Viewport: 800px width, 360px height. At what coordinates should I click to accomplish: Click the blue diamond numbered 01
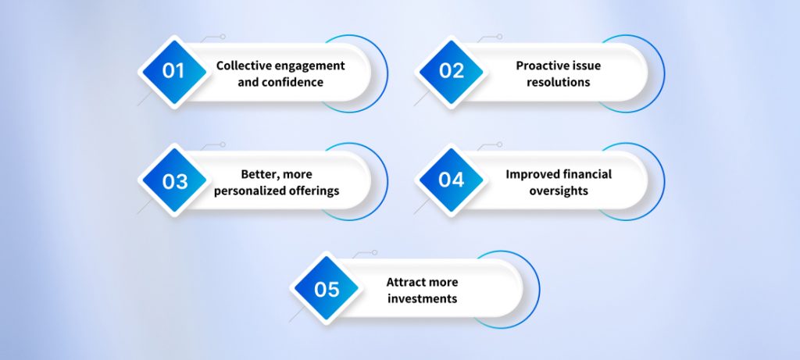(x=173, y=71)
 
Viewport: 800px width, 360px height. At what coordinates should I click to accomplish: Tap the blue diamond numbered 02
(x=452, y=71)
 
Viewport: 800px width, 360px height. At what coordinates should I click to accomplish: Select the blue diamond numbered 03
(x=173, y=180)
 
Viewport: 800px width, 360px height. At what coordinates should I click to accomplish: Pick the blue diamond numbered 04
(x=452, y=180)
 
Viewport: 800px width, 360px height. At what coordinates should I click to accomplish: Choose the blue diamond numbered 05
(x=327, y=289)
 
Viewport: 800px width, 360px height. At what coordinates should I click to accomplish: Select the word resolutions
(x=558, y=82)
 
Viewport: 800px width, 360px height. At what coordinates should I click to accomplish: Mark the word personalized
(x=252, y=191)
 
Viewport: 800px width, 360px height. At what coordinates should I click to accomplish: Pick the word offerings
(x=313, y=191)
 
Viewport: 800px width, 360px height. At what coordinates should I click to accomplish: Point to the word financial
(x=585, y=174)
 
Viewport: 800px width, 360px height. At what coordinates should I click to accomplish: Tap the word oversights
(x=558, y=191)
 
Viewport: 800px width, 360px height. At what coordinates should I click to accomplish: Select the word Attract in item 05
(x=407, y=282)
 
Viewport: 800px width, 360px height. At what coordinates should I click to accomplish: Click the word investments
(x=422, y=299)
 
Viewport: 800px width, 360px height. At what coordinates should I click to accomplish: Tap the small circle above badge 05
(x=374, y=253)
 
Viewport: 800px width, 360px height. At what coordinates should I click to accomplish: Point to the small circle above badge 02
(x=501, y=36)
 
